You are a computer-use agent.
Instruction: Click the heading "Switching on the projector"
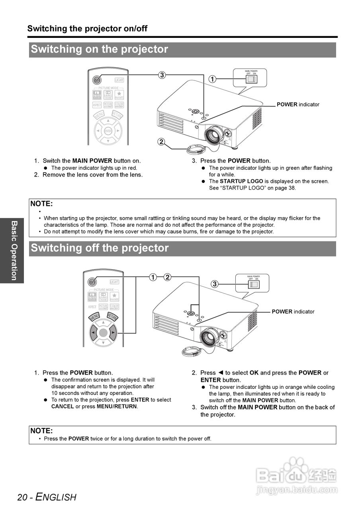click(100, 49)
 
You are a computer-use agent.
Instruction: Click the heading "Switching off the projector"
click(100, 248)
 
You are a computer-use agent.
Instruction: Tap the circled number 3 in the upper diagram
click(162, 75)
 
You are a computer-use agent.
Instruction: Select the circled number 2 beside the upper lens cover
click(161, 141)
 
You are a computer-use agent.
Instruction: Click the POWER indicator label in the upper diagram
click(298, 104)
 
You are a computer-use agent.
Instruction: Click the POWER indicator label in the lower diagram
click(293, 312)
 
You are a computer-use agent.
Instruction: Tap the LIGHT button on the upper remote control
click(119, 80)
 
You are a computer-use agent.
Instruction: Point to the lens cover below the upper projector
click(196, 149)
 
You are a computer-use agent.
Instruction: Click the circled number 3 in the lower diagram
click(214, 284)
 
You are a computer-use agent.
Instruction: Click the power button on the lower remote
click(92, 282)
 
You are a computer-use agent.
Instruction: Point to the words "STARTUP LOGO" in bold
click(241, 181)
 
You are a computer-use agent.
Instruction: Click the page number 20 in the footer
click(22, 497)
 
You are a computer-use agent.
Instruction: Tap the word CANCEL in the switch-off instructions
click(63, 406)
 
